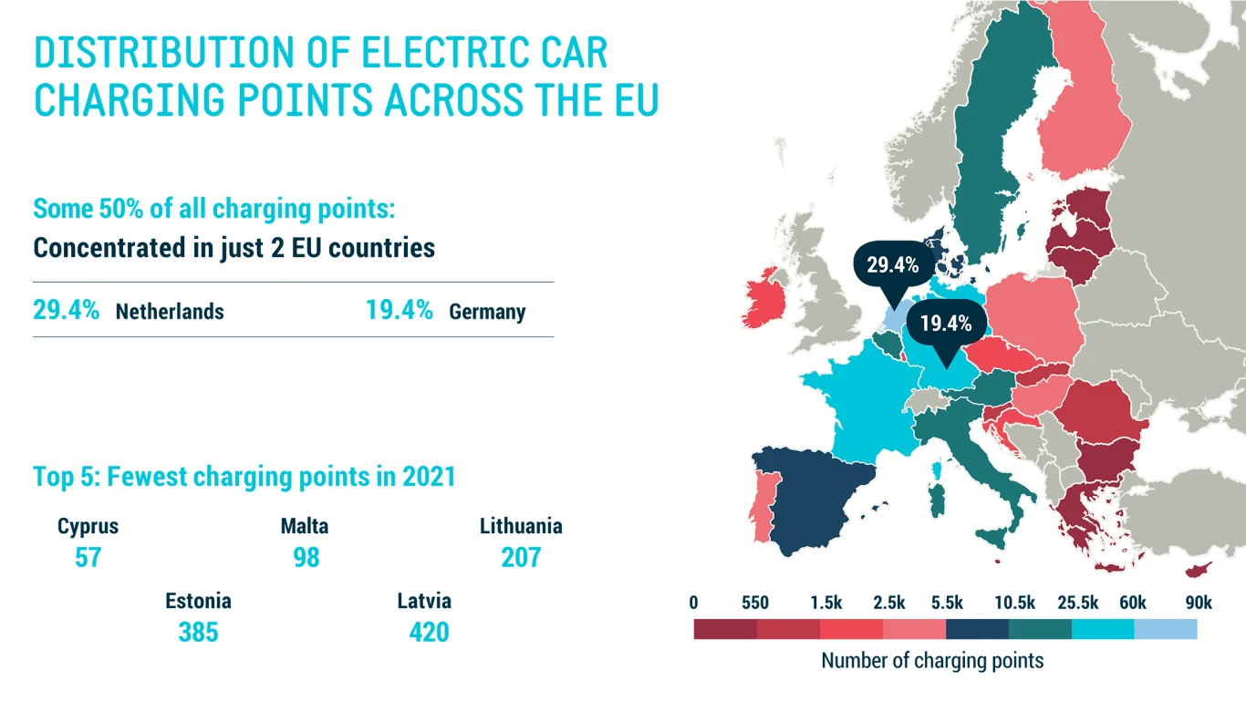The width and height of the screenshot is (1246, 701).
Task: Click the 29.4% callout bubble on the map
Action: (x=892, y=265)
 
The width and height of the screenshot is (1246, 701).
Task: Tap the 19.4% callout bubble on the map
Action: (x=945, y=323)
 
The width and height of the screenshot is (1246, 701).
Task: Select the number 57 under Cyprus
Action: (x=88, y=557)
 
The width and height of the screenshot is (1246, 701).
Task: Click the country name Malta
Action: (x=305, y=526)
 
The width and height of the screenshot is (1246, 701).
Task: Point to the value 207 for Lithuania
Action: (x=521, y=557)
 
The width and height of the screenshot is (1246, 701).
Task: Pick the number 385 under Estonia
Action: (x=198, y=632)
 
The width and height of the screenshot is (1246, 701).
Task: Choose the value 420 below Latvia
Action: (x=429, y=632)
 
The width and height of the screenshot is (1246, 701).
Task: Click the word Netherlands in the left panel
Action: (x=170, y=312)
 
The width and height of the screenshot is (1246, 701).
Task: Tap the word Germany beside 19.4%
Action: (x=487, y=312)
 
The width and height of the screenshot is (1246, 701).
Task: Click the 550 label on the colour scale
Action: (x=755, y=603)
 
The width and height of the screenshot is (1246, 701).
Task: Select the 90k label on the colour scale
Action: (x=1198, y=603)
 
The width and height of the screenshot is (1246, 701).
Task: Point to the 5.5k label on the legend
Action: (x=947, y=603)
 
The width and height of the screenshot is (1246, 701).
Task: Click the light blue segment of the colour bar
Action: (x=1165, y=629)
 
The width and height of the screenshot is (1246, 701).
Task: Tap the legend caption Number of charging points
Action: (x=932, y=660)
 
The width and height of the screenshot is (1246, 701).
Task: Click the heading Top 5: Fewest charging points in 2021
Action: (x=244, y=476)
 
